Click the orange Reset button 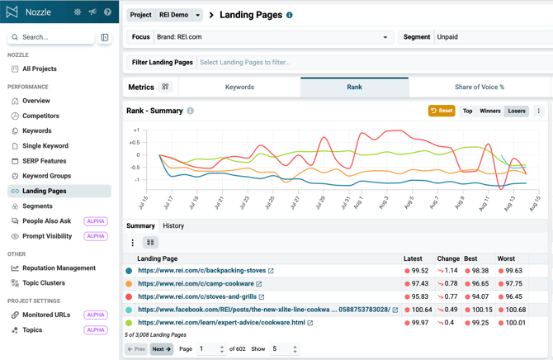tap(442, 111)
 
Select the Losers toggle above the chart tap(517, 111)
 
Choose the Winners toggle tap(490, 111)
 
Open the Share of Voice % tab tap(480, 88)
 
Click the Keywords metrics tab tap(239, 88)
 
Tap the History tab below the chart tap(173, 226)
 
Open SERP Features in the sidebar tap(44, 161)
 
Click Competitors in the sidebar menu tap(40, 116)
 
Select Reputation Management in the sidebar tap(59, 268)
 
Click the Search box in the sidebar tap(51, 37)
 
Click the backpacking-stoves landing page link tap(201, 271)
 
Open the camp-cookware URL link tap(196, 284)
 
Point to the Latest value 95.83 tap(419, 296)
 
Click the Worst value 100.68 tap(516, 310)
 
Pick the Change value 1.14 tap(451, 271)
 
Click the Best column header tap(470, 258)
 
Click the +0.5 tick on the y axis tap(135, 143)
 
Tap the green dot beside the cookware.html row tap(129, 323)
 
